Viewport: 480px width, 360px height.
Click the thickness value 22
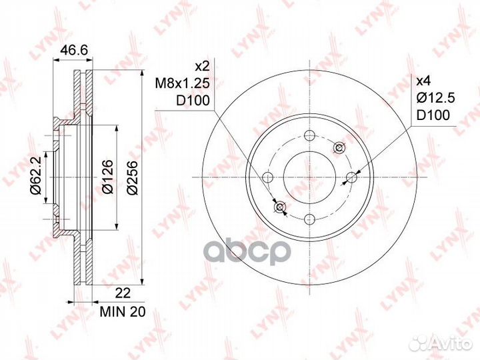(123, 293)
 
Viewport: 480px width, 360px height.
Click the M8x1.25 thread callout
(182, 83)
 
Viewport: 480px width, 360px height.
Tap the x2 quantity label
(202, 66)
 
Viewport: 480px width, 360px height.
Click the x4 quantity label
(424, 81)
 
